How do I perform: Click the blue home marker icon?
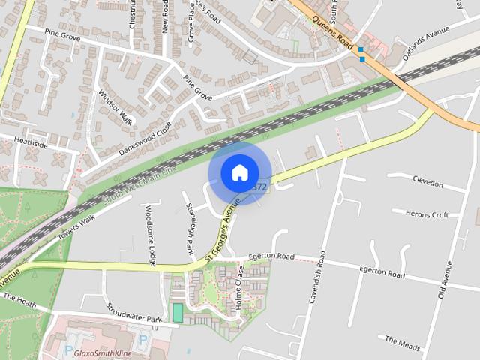point(239,172)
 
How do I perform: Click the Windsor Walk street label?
point(115,107)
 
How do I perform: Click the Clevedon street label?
point(428,184)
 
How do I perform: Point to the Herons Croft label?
point(427,214)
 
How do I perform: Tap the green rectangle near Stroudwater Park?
point(178,313)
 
